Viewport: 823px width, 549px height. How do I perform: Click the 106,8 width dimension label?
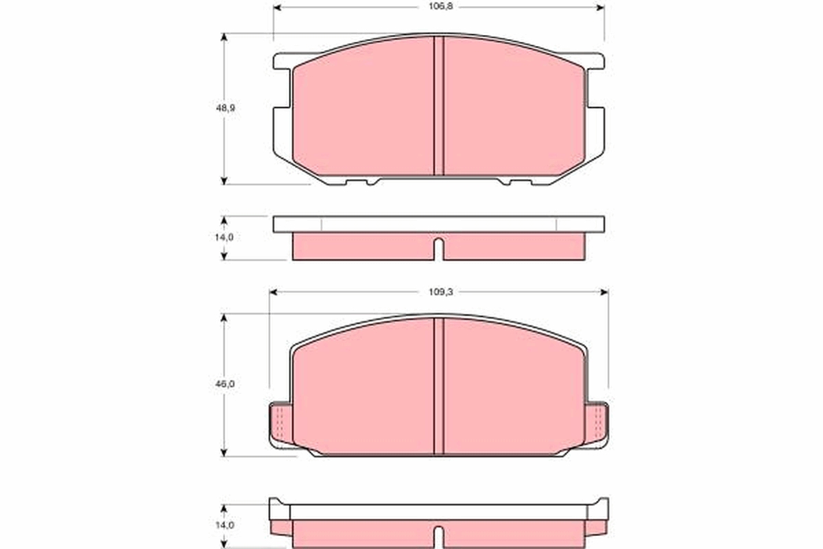pyautogui.click(x=441, y=7)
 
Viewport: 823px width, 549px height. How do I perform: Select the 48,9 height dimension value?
pyautogui.click(x=225, y=108)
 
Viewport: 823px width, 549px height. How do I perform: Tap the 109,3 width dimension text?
pyautogui.click(x=441, y=292)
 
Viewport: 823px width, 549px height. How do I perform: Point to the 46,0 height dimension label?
pyautogui.click(x=225, y=384)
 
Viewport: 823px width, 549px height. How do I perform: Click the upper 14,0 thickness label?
pyautogui.click(x=224, y=237)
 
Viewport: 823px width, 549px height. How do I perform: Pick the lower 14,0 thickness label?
pyautogui.click(x=224, y=526)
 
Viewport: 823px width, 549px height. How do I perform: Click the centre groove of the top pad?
pyautogui.click(x=439, y=106)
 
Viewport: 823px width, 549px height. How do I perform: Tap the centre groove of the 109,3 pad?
pyautogui.click(x=439, y=386)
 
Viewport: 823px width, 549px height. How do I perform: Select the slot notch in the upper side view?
pyautogui.click(x=439, y=249)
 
